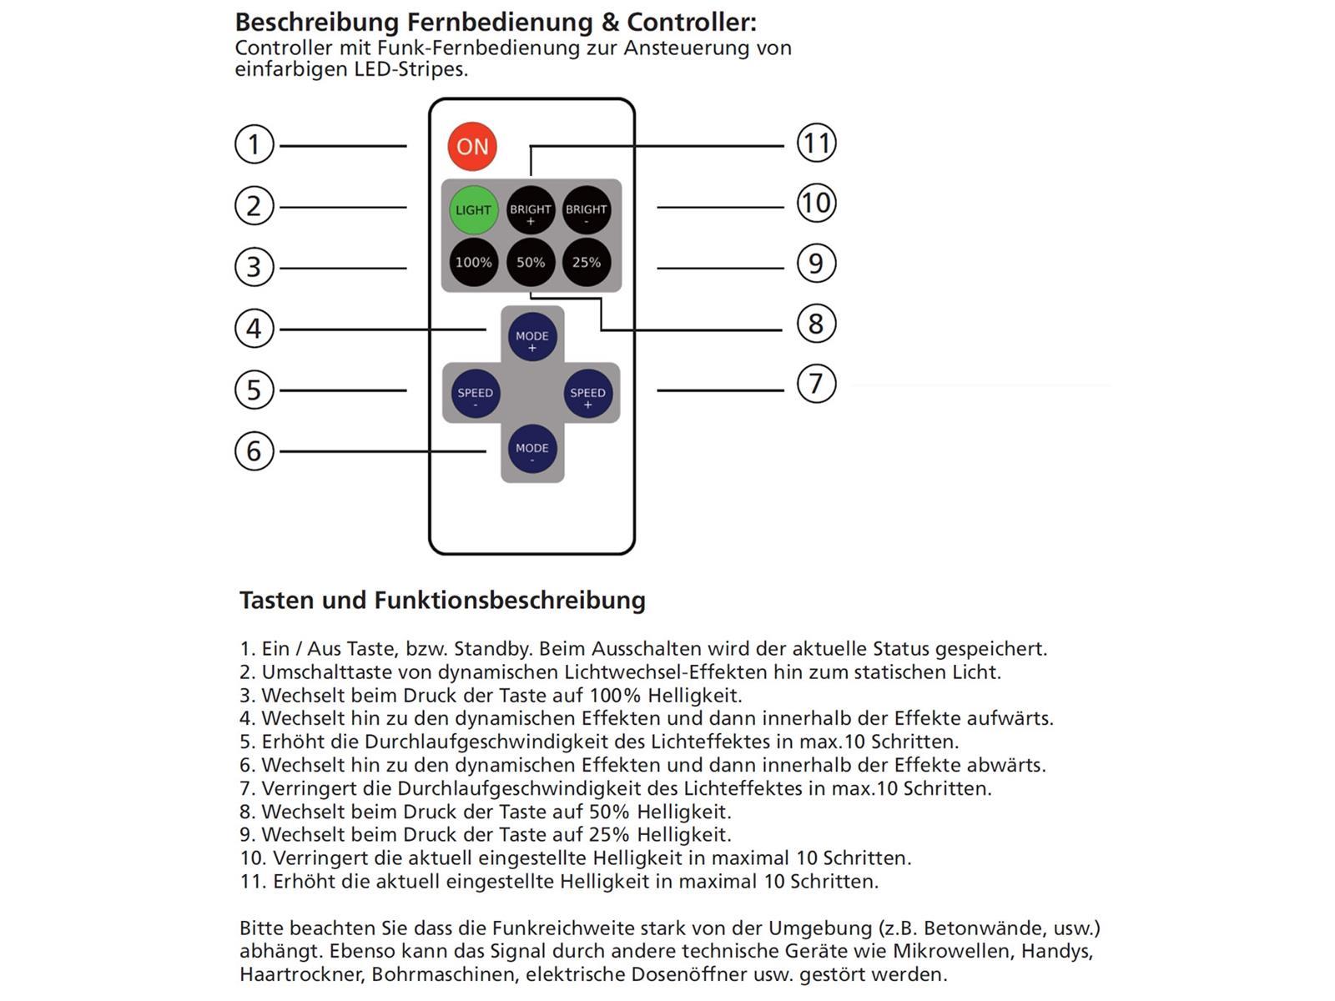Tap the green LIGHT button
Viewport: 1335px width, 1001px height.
pos(473,209)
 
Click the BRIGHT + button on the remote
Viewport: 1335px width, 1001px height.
pos(531,209)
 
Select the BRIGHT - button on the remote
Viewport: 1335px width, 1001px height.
pos(587,209)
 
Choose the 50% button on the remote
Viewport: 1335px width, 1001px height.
pos(531,262)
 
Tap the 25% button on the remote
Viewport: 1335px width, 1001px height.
pos(587,262)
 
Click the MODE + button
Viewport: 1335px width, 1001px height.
pos(532,336)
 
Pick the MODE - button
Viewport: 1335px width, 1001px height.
pos(532,449)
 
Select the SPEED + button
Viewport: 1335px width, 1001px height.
pos(587,393)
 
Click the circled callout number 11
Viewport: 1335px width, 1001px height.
pos(816,143)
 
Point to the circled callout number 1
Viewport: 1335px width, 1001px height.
pos(254,144)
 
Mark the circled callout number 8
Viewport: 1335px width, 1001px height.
pos(816,324)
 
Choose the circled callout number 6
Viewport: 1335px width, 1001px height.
pos(254,451)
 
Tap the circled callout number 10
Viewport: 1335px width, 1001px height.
pos(816,203)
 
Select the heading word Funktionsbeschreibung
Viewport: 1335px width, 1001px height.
pos(510,601)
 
